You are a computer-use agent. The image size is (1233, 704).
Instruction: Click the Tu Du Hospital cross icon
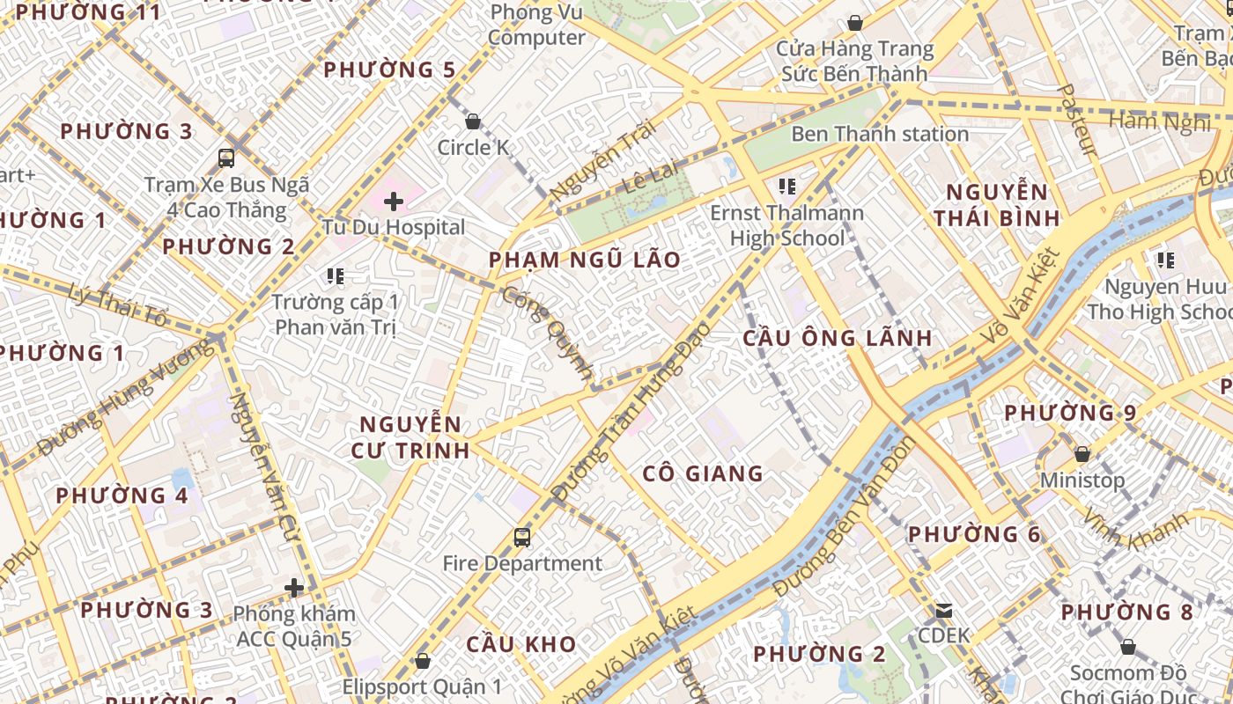[394, 202]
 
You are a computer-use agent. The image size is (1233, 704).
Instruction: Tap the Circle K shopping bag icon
[473, 121]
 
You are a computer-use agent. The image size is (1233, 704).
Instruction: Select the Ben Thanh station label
[880, 134]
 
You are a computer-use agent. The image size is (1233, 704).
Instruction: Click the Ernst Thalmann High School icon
[787, 187]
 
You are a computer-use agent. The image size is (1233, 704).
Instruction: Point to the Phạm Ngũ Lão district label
[584, 260]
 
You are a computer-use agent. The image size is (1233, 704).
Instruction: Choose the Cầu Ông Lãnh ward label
[838, 338]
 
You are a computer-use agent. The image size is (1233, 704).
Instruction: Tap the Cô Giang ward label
[703, 473]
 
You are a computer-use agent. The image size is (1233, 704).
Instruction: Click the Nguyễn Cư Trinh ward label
[410, 437]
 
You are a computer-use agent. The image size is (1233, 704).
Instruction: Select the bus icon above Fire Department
[522, 537]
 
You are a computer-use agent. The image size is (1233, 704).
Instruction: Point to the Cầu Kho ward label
[521, 644]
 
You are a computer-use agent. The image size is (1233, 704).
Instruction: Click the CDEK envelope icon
[944, 610]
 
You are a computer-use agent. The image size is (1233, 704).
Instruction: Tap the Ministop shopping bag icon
[1082, 454]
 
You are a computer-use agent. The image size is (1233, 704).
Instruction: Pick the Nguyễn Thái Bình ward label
[997, 205]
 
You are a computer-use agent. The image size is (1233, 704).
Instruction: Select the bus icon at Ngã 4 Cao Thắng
[226, 158]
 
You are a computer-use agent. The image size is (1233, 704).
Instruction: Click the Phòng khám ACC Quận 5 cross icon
[294, 587]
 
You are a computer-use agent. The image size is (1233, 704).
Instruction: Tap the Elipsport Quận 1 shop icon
[423, 660]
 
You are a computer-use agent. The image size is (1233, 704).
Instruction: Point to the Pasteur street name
[1076, 121]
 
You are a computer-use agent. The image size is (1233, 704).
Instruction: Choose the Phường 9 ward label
[1070, 413]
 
